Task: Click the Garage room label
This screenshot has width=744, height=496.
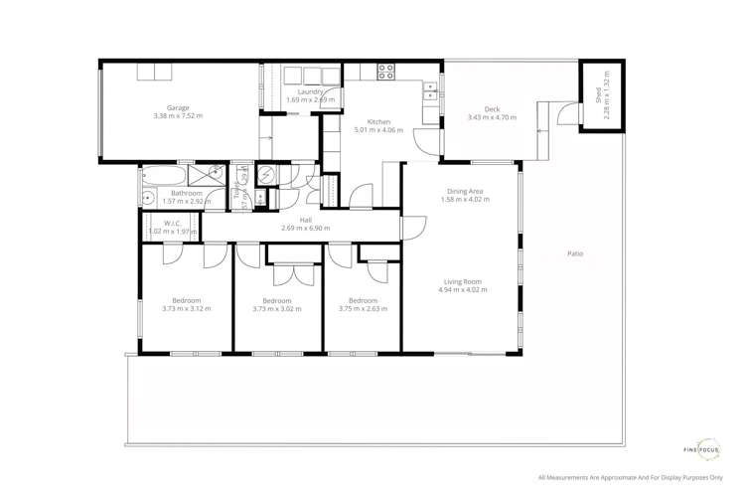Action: [x=178, y=107]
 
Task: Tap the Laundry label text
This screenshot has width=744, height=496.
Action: [x=310, y=91]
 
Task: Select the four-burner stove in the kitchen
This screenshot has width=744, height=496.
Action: [x=385, y=72]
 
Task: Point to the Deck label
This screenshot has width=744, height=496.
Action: [x=492, y=109]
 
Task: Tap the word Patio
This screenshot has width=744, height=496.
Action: [x=575, y=253]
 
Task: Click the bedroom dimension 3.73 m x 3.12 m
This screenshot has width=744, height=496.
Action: [x=186, y=309]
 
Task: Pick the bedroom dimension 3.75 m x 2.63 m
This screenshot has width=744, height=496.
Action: [x=363, y=309]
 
